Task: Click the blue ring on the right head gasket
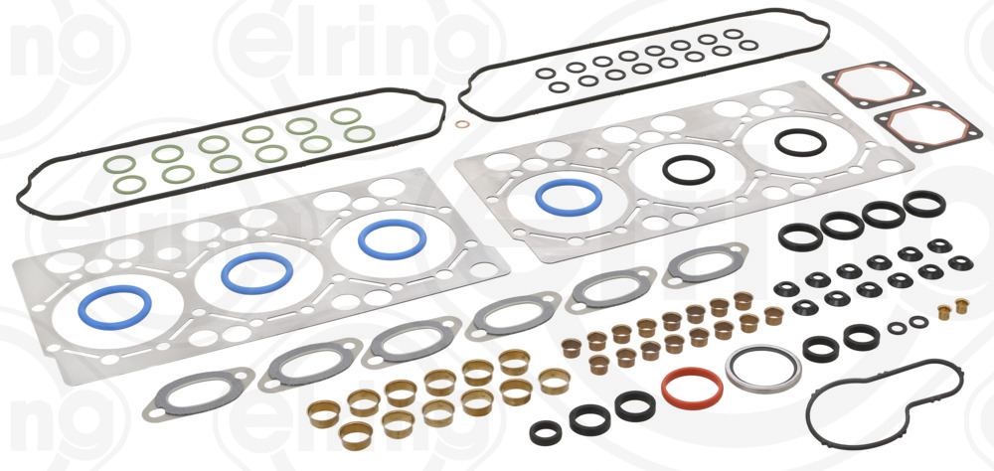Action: (x=567, y=197)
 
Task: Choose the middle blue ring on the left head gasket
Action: (x=256, y=272)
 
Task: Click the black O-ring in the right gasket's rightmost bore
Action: (x=800, y=142)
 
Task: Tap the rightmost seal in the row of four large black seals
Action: (x=923, y=205)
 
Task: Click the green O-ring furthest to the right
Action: (x=347, y=116)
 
